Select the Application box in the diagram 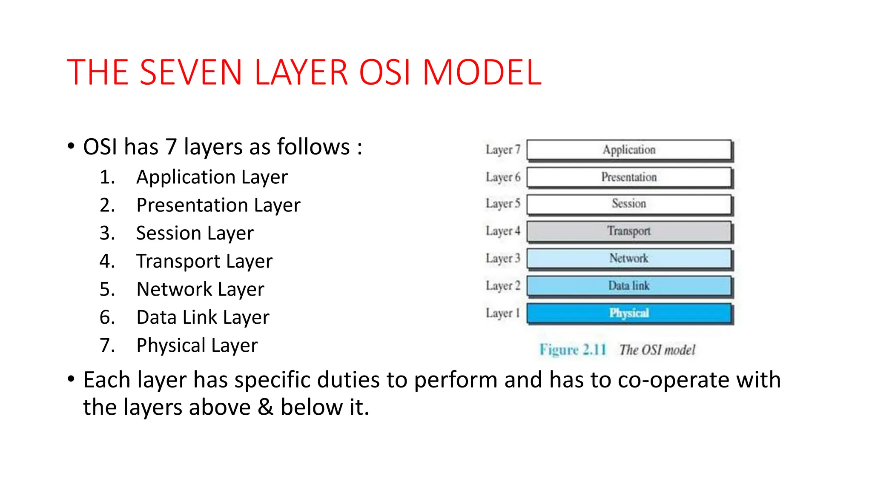[x=629, y=150]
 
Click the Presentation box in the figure [x=629, y=177]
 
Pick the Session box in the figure [x=629, y=204]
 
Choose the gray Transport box [x=629, y=231]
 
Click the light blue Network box [x=629, y=258]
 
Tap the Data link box [x=629, y=286]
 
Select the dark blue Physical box [x=629, y=313]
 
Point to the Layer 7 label [x=503, y=150]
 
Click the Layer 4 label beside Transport [x=503, y=231]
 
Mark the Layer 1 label [x=503, y=313]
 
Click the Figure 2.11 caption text [x=573, y=350]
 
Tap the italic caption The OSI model [x=657, y=350]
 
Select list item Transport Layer [x=204, y=261]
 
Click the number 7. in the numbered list [x=107, y=345]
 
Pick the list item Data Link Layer [x=203, y=317]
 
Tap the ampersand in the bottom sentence [x=265, y=407]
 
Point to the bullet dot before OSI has [x=71, y=146]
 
